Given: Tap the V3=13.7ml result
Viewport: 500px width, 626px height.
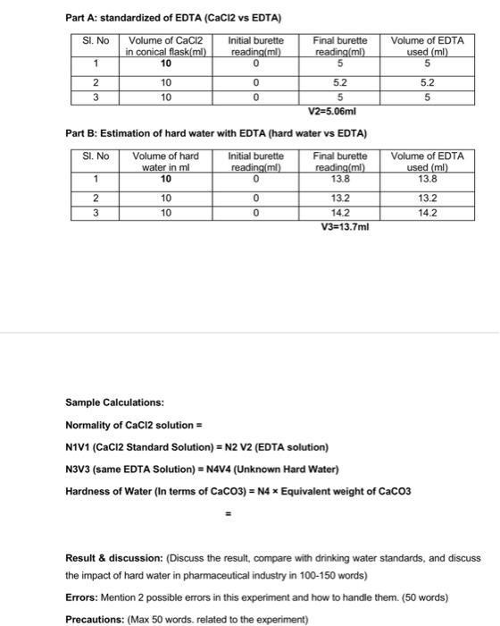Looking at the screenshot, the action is click(x=344, y=227).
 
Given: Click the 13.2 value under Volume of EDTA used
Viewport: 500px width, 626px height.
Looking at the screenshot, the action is click(x=428, y=198).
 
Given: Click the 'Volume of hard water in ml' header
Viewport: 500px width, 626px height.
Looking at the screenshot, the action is click(x=166, y=161).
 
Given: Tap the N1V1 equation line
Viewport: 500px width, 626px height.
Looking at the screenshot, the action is click(x=196, y=446).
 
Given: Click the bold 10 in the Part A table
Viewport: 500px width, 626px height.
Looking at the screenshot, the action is click(x=166, y=63).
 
